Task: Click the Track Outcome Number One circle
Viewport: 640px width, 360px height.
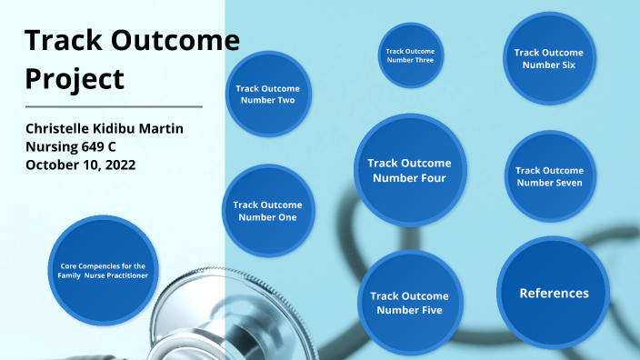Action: point(267,210)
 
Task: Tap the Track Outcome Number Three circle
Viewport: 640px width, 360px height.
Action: point(410,55)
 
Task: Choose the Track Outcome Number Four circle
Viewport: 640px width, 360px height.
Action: point(409,170)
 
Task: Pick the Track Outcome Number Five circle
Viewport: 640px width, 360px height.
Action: point(409,303)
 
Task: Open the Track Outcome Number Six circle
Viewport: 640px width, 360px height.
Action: point(549,58)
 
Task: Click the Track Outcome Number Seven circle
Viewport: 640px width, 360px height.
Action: point(549,176)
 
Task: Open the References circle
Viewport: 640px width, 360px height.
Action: point(554,292)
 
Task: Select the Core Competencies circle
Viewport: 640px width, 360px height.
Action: point(97,269)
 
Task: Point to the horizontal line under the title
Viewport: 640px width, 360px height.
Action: point(114,106)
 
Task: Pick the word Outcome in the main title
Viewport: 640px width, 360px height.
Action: point(175,40)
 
